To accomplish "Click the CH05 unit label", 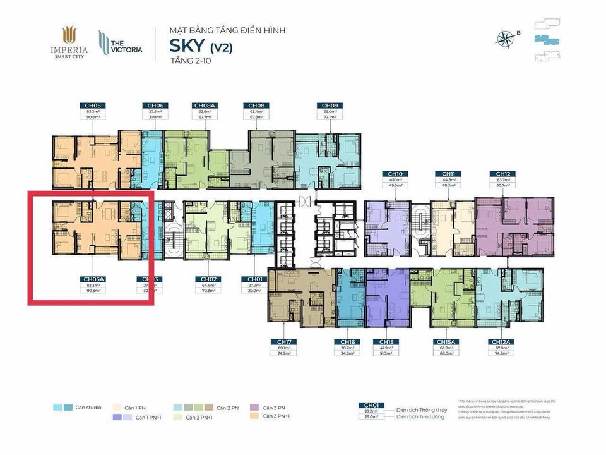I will [x=88, y=106].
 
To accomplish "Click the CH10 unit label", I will [x=395, y=173].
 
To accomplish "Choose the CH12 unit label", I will [x=502, y=173].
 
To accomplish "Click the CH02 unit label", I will [x=209, y=279].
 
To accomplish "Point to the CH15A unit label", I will [x=443, y=342].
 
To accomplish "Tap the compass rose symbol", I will [x=507, y=39].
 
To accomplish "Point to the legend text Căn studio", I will [x=89, y=408].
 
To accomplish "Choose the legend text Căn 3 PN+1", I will [x=277, y=416].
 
